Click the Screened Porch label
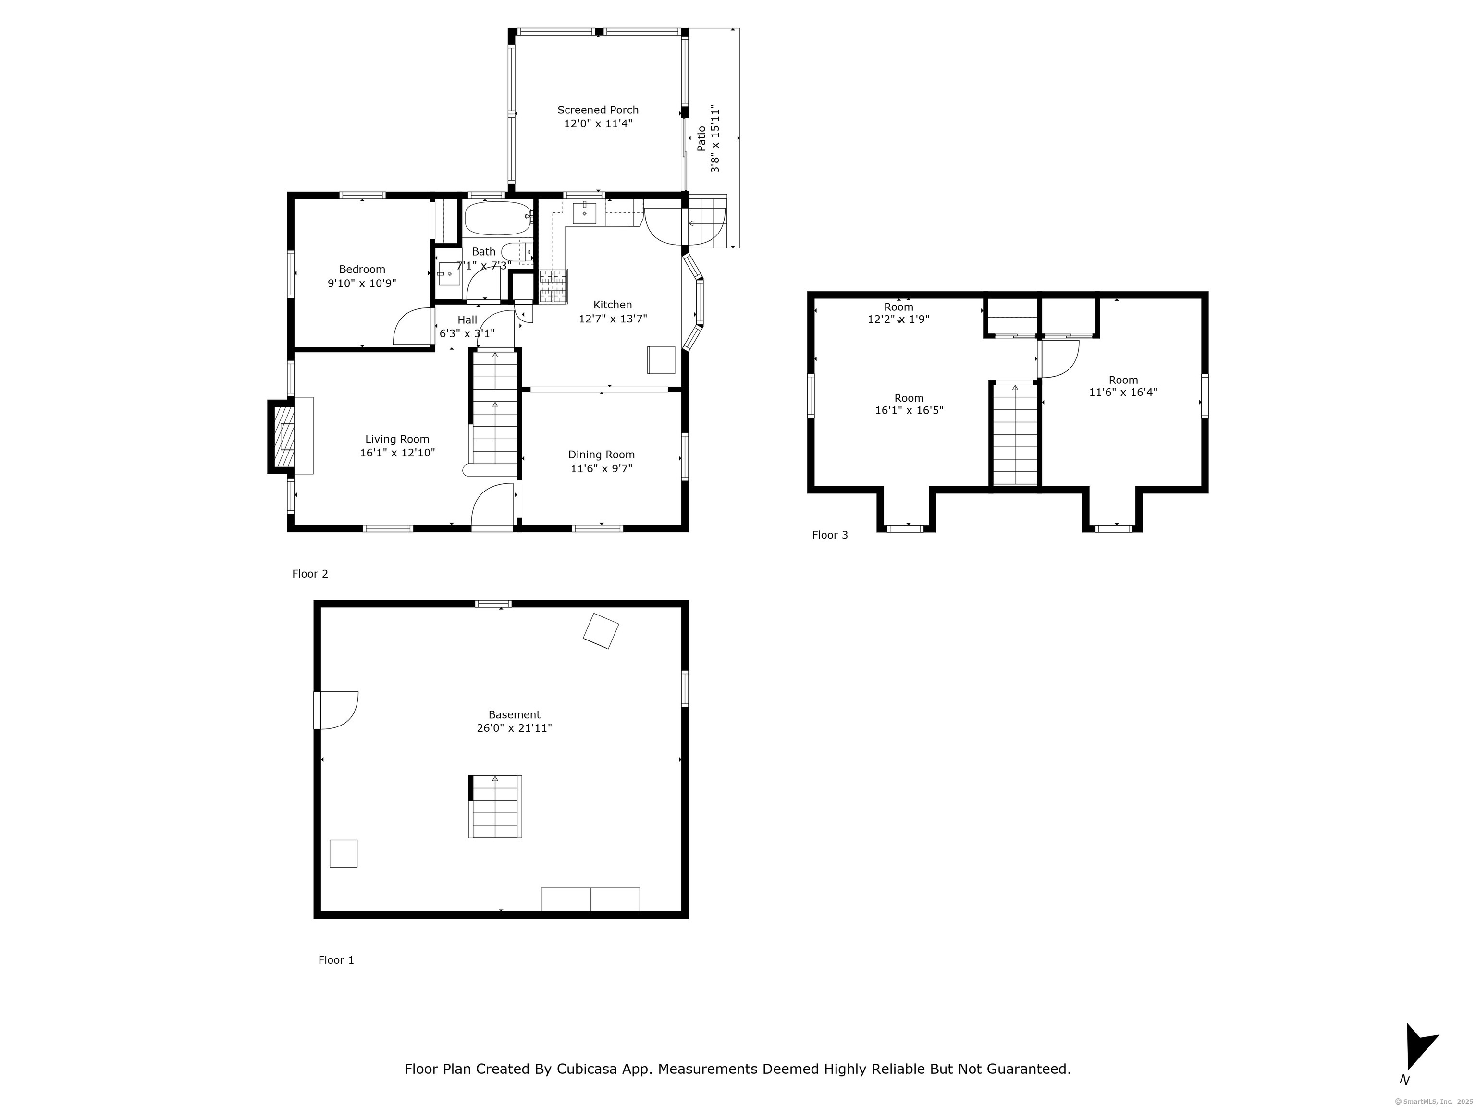[598, 110]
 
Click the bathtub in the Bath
[498, 218]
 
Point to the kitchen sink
[585, 213]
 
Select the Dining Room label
[601, 455]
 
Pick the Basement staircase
[495, 807]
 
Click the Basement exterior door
[336, 710]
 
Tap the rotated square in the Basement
[601, 630]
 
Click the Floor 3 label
[829, 535]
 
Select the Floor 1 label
[336, 960]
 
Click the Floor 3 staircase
[1015, 434]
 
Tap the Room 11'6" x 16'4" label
[1123, 386]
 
